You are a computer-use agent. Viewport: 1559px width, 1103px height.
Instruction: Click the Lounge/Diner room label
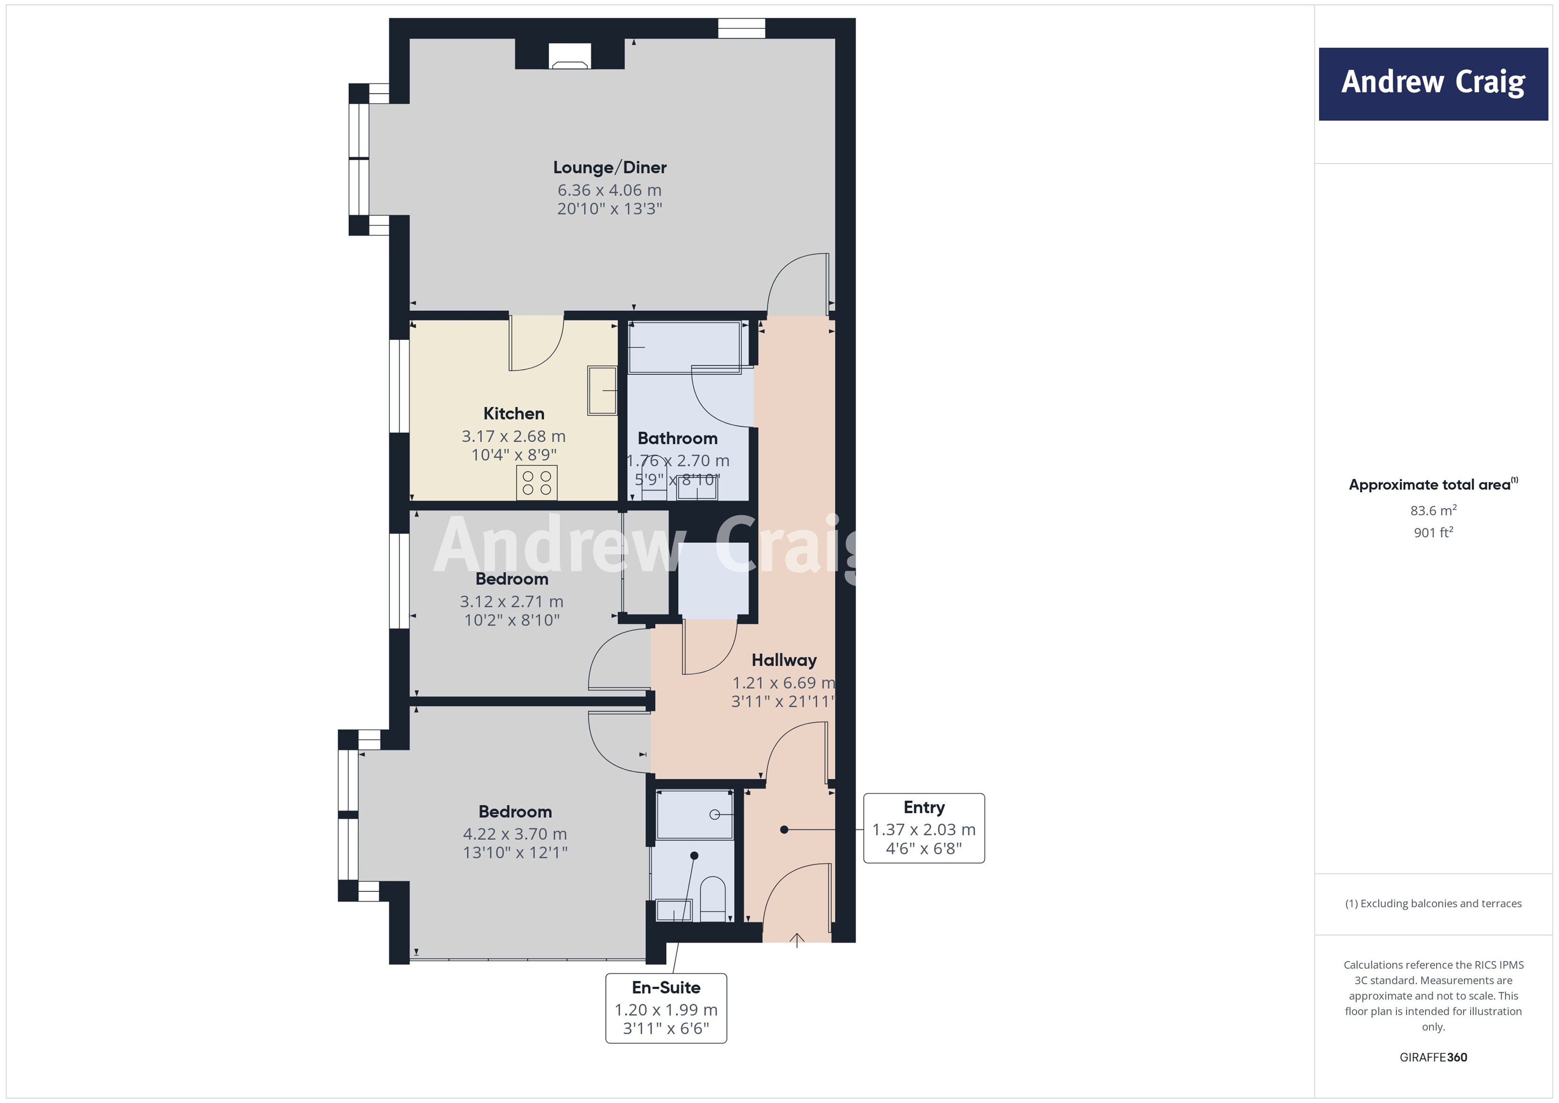pyautogui.click(x=609, y=167)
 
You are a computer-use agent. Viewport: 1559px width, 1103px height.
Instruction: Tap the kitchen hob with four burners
pyautogui.click(x=536, y=482)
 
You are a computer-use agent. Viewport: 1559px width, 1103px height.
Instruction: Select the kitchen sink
pyautogui.click(x=601, y=390)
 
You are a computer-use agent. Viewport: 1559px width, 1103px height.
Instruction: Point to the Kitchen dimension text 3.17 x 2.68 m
pyautogui.click(x=514, y=436)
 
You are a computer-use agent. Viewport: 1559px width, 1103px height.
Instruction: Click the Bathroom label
pyautogui.click(x=677, y=438)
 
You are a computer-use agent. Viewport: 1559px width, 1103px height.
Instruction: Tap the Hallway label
pyautogui.click(x=784, y=660)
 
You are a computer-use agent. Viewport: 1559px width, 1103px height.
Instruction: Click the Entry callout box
pyautogui.click(x=924, y=828)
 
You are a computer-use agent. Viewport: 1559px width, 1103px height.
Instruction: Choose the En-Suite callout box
pyautogui.click(x=666, y=1008)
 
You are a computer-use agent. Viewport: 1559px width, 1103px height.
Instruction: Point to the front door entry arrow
pyautogui.click(x=797, y=940)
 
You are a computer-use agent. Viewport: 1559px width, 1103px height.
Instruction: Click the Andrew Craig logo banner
pyautogui.click(x=1433, y=84)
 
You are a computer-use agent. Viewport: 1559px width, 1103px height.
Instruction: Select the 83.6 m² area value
pyautogui.click(x=1433, y=510)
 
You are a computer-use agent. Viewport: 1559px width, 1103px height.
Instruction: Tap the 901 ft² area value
pyautogui.click(x=1433, y=533)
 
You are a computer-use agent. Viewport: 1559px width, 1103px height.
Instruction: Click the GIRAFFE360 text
pyautogui.click(x=1433, y=1057)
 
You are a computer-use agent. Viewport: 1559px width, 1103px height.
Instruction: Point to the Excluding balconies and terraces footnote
pyautogui.click(x=1433, y=903)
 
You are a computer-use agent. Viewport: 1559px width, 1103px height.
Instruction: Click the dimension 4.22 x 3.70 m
pyautogui.click(x=514, y=833)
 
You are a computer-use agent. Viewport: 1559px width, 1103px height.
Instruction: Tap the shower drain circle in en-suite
pyautogui.click(x=714, y=814)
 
